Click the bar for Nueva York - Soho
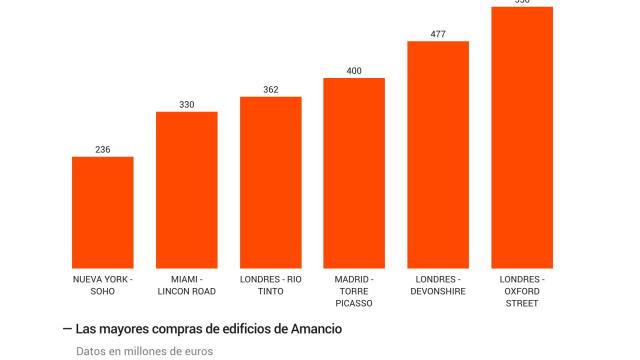pyautogui.click(x=102, y=212)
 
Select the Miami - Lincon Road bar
pyautogui.click(x=186, y=190)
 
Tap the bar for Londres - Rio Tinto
pyautogui.click(x=270, y=182)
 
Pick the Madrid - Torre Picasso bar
pyautogui.click(x=354, y=173)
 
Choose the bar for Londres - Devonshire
pyautogui.click(x=438, y=154)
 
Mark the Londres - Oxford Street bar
pyautogui.click(x=522, y=137)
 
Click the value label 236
pyautogui.click(x=103, y=150)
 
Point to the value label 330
pyautogui.click(x=187, y=105)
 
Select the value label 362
pyautogui.click(x=271, y=90)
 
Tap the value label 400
pyautogui.click(x=354, y=71)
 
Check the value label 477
pyautogui.click(x=438, y=34)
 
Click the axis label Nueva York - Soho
pyautogui.click(x=102, y=285)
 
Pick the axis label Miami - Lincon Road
pyautogui.click(x=186, y=285)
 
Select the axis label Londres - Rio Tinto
pyautogui.click(x=270, y=285)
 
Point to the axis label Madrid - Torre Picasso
pyautogui.click(x=354, y=291)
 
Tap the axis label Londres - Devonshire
pyautogui.click(x=438, y=285)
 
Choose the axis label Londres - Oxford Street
pyautogui.click(x=522, y=291)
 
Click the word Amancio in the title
pyautogui.click(x=314, y=328)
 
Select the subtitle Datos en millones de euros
pyautogui.click(x=144, y=351)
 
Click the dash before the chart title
pyautogui.click(x=67, y=328)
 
